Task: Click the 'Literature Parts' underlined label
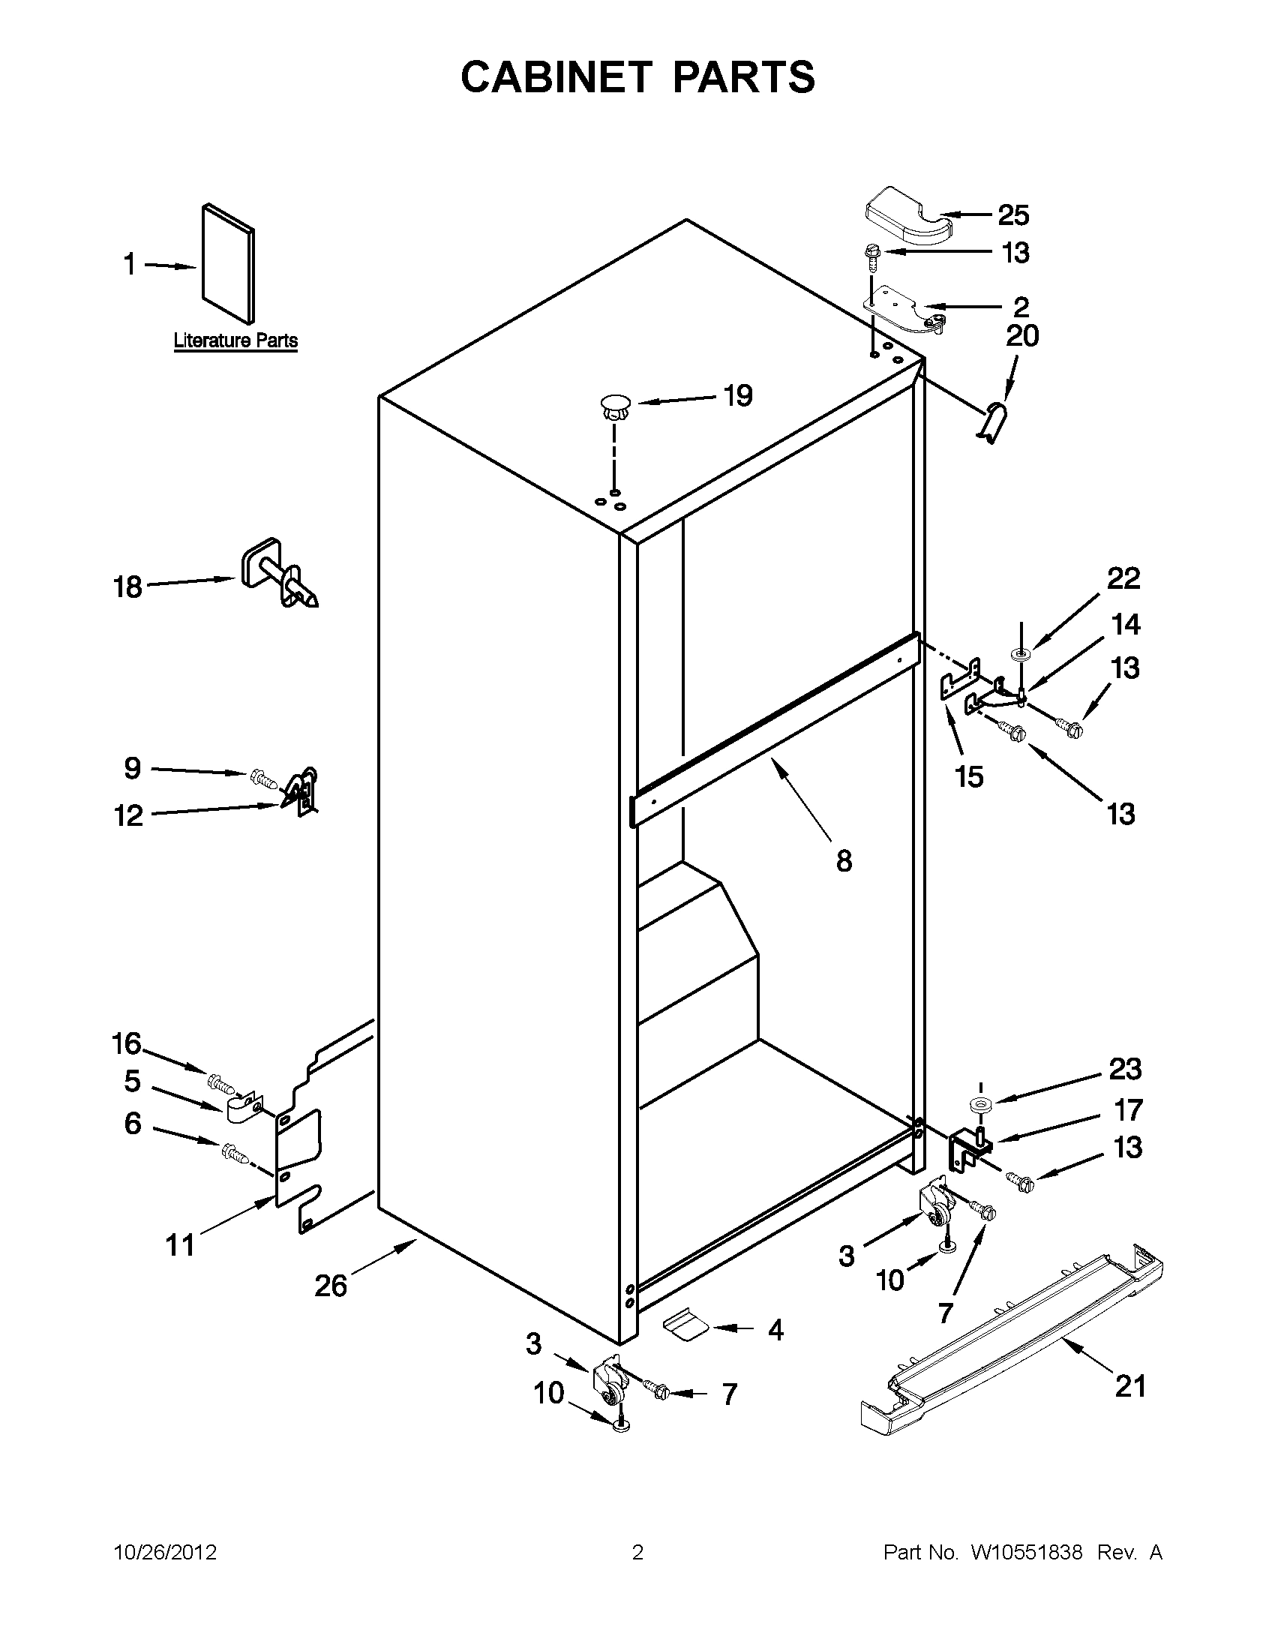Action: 235,341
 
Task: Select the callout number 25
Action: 1013,215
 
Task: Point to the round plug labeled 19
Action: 615,406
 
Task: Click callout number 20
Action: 1021,335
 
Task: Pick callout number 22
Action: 1123,579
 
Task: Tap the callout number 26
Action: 330,1285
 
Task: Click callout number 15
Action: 969,776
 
